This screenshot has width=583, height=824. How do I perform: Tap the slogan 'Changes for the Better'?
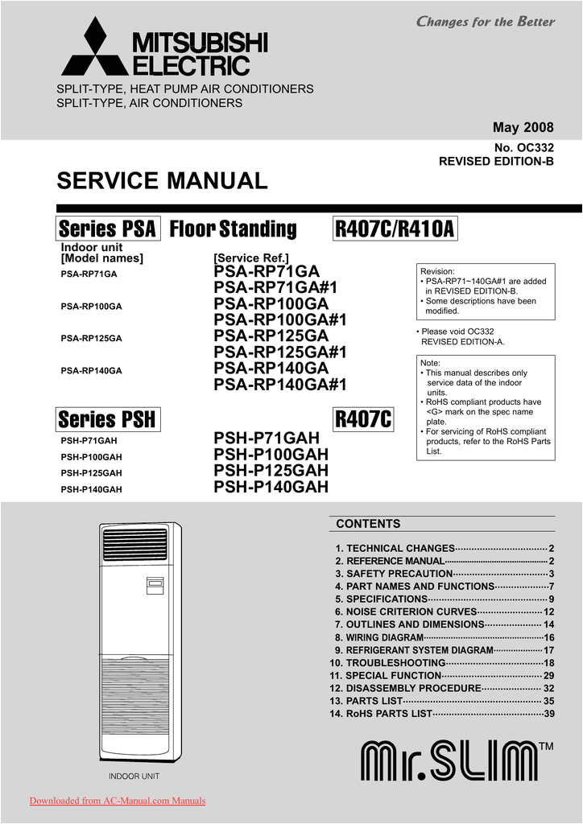coord(486,22)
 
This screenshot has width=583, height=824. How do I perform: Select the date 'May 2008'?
coord(523,129)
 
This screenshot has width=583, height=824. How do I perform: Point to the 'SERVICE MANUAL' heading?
coord(162,181)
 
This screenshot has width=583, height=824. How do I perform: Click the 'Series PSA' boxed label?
coord(108,229)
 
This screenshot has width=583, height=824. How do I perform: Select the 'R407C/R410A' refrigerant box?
coord(395,229)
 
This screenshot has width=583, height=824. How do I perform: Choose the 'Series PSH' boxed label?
coord(107,419)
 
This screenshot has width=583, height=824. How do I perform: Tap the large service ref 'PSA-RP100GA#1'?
coord(280,320)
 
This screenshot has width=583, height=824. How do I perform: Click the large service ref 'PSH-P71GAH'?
coord(267,439)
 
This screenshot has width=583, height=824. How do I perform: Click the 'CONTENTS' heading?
coord(368,524)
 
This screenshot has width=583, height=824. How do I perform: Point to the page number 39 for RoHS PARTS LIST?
coord(549,714)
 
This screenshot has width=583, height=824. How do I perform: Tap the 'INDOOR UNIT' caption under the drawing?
coord(134,777)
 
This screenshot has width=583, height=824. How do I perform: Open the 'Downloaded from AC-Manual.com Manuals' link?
coord(118,801)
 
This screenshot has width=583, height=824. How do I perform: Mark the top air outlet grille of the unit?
coord(135,544)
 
